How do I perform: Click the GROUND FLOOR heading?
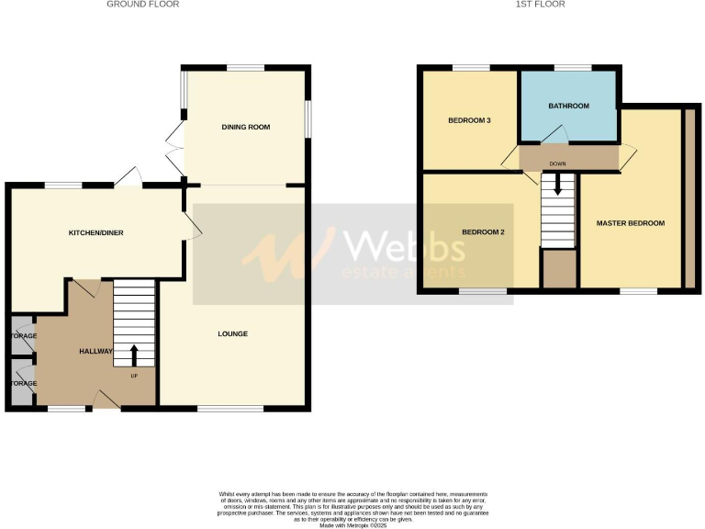pyautogui.click(x=142, y=5)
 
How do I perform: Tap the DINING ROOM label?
pyautogui.click(x=246, y=127)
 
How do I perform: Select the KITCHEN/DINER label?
pyautogui.click(x=96, y=233)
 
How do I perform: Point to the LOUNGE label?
pyautogui.click(x=233, y=333)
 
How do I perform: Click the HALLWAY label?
pyautogui.click(x=95, y=351)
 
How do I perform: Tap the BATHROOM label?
pyautogui.click(x=568, y=107)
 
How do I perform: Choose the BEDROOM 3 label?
pyautogui.click(x=469, y=121)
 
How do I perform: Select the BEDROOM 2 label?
pyautogui.click(x=483, y=232)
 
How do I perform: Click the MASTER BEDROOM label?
pyautogui.click(x=630, y=223)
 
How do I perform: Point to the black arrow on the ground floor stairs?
pyautogui.click(x=134, y=353)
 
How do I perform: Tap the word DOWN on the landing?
pyautogui.click(x=556, y=164)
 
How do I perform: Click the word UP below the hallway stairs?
pyautogui.click(x=134, y=376)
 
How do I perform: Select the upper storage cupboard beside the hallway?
pyautogui.click(x=20, y=335)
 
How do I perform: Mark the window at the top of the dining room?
pyautogui.click(x=245, y=67)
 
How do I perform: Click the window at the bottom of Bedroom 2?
pyautogui.click(x=483, y=292)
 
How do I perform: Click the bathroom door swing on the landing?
pyautogui.click(x=551, y=137)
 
